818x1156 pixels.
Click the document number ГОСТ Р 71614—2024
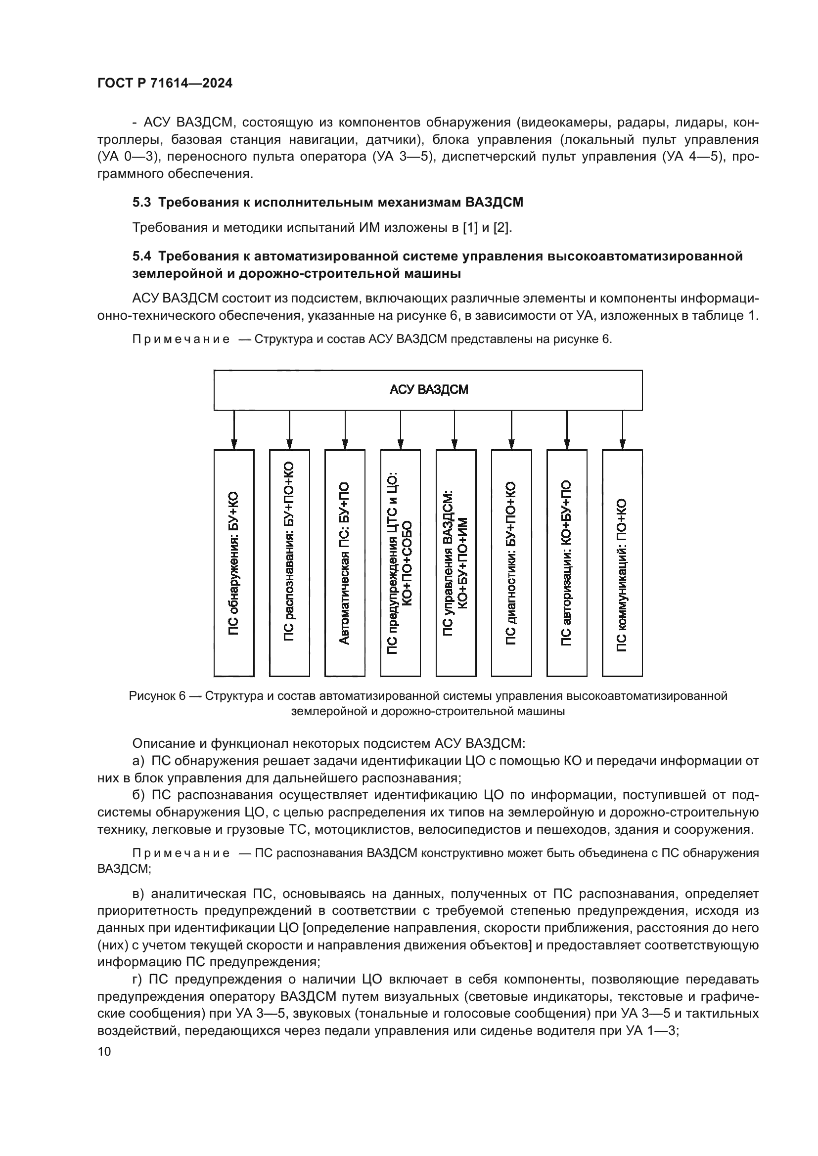tap(165, 84)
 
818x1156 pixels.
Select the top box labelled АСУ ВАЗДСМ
tap(428, 390)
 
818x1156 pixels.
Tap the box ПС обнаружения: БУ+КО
tap(234, 563)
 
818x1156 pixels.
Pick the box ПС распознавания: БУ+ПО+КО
tap(289, 563)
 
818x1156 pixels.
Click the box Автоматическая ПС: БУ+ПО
tap(345, 563)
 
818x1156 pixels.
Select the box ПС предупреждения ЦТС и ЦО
tap(400, 563)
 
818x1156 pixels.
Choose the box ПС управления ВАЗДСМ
tap(455, 563)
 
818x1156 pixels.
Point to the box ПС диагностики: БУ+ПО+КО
tap(511, 563)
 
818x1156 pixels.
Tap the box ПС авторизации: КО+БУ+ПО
tap(567, 563)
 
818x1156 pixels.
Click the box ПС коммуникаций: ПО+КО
tap(622, 563)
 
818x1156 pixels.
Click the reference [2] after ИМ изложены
tap(501, 227)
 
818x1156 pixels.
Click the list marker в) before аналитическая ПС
tap(138, 894)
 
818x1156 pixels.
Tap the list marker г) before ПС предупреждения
tap(138, 979)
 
